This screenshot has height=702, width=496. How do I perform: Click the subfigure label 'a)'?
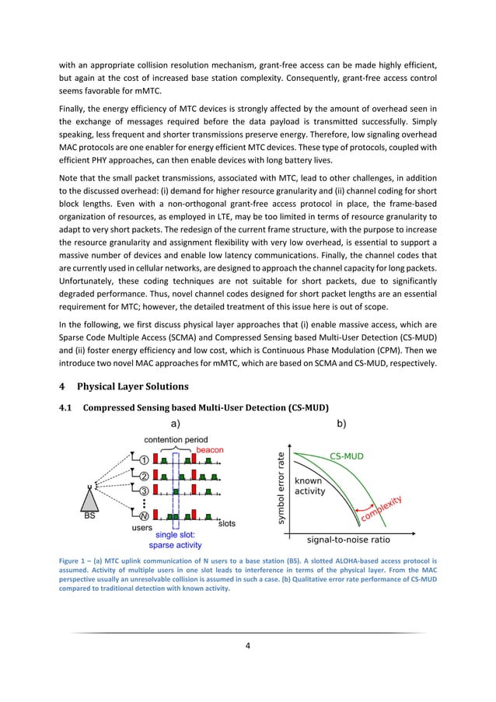click(x=175, y=424)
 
